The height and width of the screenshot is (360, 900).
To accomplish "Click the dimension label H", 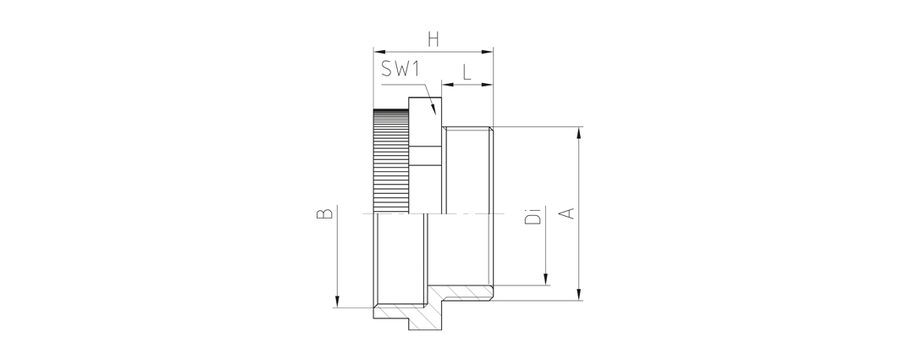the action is [x=433, y=40].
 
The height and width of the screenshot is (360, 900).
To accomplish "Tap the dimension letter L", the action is [x=467, y=72].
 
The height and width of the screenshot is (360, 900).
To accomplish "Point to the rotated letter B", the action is [x=325, y=213].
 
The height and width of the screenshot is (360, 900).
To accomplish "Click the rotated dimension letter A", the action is [x=567, y=213].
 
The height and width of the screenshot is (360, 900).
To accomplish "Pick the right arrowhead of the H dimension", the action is [x=488, y=52].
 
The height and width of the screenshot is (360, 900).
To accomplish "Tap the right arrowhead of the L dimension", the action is [x=488, y=85].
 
